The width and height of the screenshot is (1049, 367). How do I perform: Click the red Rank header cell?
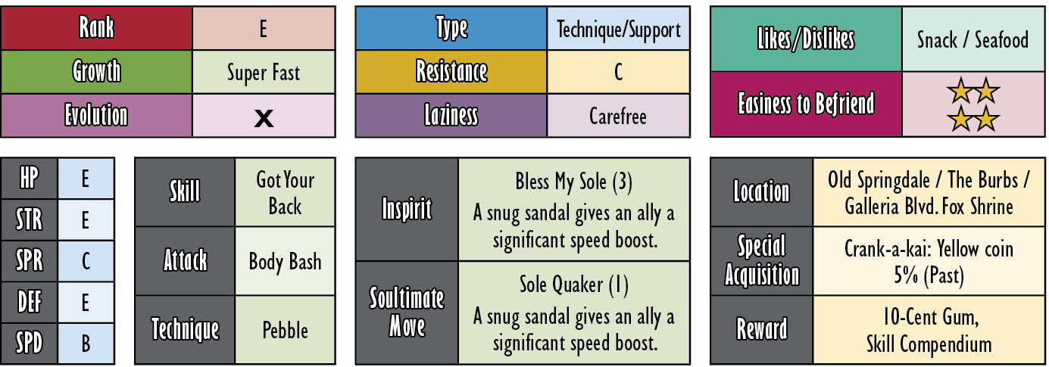[96, 28]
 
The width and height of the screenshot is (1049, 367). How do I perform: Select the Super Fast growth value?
[263, 73]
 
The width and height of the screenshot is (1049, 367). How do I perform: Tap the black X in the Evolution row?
[264, 118]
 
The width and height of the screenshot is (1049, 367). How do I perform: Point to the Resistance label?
[451, 72]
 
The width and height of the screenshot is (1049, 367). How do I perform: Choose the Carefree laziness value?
[618, 116]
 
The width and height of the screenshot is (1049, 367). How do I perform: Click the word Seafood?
[1001, 40]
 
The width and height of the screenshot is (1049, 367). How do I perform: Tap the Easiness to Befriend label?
[806, 104]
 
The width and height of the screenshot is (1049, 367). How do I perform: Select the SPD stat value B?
[86, 344]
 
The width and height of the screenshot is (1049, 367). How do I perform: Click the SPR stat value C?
[86, 261]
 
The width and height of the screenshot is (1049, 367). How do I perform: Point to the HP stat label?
[30, 179]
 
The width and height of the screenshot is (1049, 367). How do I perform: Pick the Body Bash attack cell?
[286, 261]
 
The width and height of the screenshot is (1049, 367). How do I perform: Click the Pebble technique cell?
[286, 330]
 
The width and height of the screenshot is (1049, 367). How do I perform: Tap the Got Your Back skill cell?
[286, 192]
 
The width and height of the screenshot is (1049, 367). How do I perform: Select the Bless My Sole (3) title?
[573, 182]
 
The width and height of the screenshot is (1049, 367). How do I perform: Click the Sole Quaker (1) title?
[573, 285]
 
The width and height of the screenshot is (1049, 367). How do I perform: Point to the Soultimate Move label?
[407, 313]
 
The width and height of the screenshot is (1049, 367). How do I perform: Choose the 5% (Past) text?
[929, 275]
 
